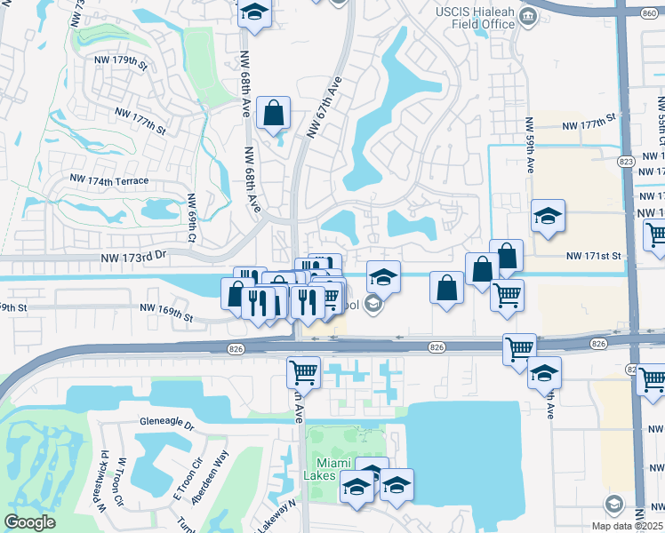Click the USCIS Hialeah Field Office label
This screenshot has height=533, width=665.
476,17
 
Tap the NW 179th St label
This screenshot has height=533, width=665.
119,61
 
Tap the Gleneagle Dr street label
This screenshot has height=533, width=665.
166,424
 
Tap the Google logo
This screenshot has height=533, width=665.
29,522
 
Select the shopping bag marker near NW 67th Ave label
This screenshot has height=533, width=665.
273,114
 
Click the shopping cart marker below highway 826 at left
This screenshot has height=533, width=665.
303,372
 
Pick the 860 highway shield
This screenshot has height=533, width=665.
653,12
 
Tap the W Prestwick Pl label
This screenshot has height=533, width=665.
104,480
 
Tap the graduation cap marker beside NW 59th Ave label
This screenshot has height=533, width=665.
549,216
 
